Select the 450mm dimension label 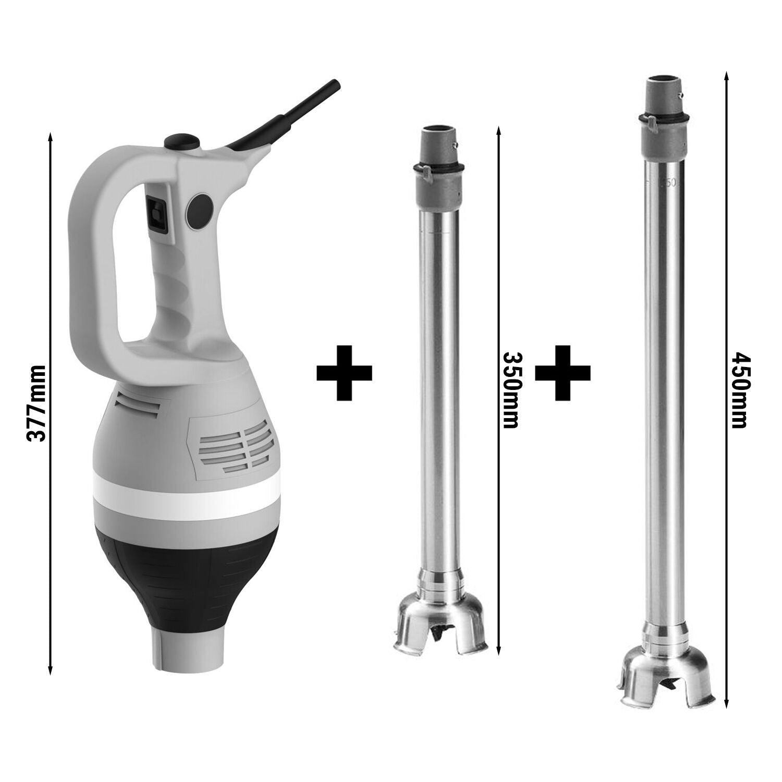739,390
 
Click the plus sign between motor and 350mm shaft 344,372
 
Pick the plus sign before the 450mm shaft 563,372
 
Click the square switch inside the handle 157,215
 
